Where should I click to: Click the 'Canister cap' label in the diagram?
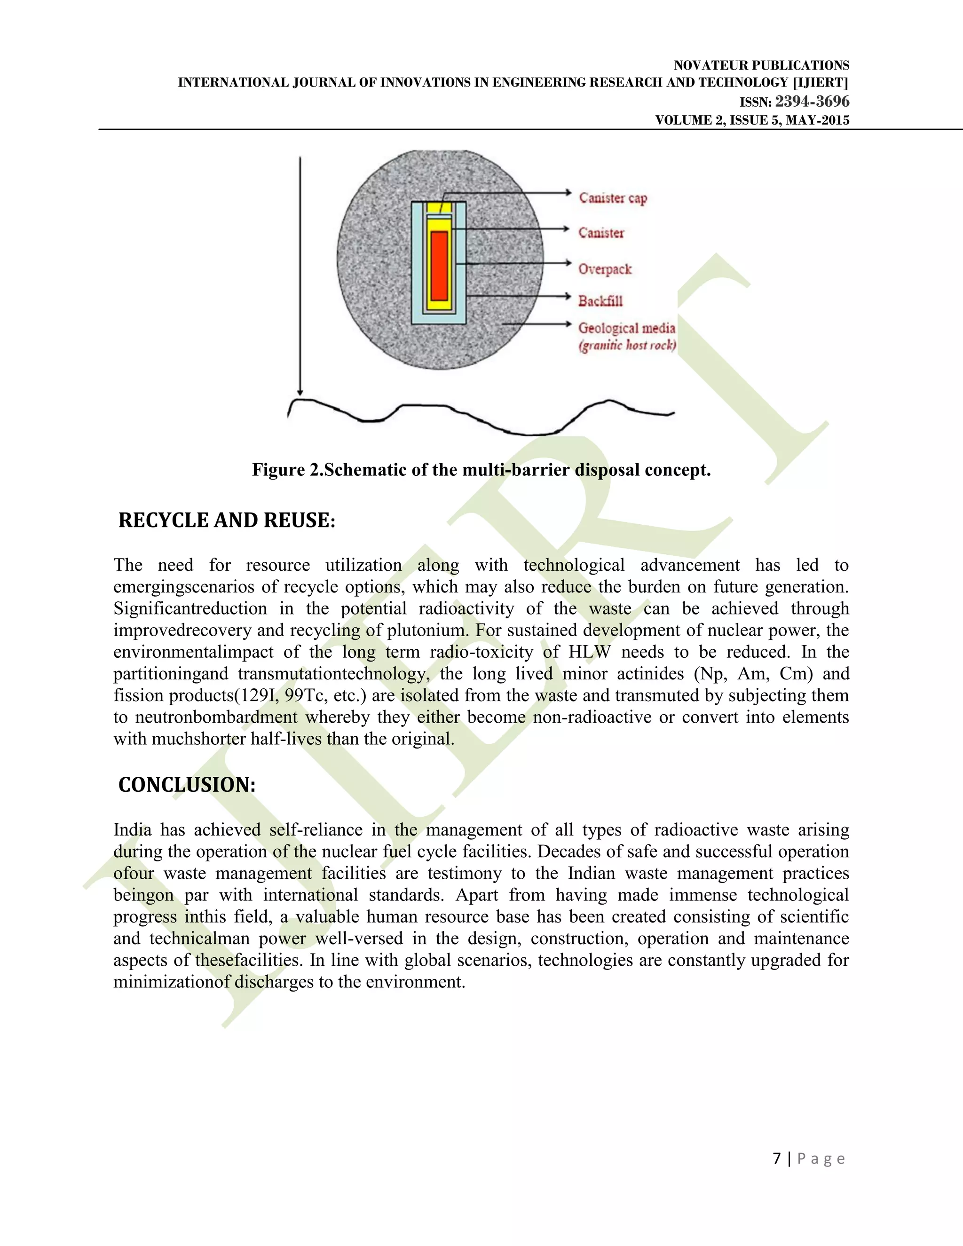point(613,198)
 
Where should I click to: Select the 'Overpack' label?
point(605,268)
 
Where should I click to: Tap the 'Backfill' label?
point(600,300)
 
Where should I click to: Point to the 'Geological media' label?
point(626,328)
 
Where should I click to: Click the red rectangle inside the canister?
point(439,265)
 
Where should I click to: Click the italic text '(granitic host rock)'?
point(627,345)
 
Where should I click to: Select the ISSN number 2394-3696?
point(812,102)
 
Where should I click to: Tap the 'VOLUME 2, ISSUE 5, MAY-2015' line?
point(752,120)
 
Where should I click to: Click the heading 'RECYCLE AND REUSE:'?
point(227,520)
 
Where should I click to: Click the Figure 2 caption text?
point(481,470)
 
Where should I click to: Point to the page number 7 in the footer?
point(776,1158)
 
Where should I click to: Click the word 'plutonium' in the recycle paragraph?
point(428,630)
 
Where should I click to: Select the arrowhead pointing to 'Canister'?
point(567,229)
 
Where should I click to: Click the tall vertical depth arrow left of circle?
point(300,274)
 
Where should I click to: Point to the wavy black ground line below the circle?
point(479,419)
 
